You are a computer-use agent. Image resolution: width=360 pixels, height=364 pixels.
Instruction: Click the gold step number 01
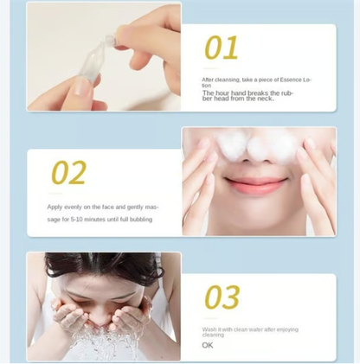click(222, 48)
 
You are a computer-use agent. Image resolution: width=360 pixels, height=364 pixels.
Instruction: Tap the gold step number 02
click(68, 173)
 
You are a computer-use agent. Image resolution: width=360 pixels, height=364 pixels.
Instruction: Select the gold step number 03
click(222, 297)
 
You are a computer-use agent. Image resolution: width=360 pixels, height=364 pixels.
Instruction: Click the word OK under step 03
click(208, 345)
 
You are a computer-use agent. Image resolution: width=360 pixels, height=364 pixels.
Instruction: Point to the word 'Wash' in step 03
click(209, 329)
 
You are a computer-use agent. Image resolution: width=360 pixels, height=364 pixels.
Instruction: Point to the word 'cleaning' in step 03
click(213, 335)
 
